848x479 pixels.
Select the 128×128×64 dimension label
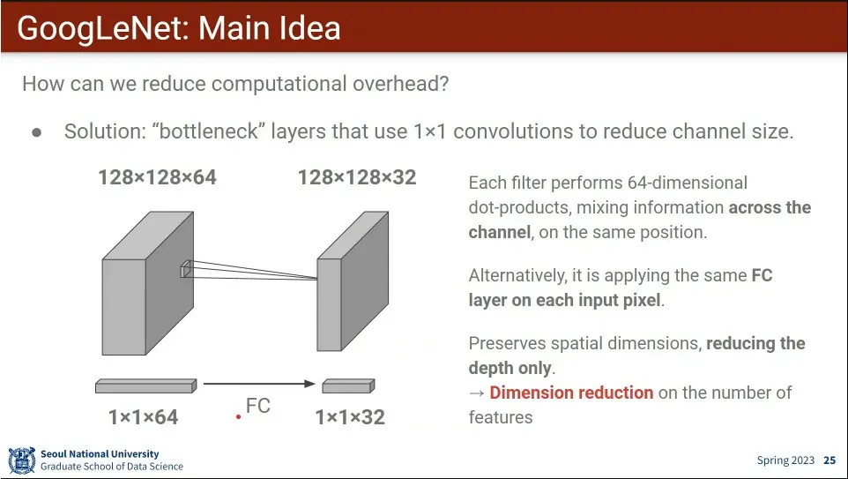[158, 177]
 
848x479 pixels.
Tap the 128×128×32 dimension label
[357, 177]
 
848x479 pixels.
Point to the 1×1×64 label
[144, 417]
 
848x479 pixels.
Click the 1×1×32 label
[350, 417]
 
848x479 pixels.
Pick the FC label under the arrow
[258, 406]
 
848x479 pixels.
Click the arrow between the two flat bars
[259, 384]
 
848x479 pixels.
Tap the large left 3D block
[147, 283]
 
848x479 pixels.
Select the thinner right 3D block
[353, 281]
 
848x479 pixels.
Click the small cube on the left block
[185, 269]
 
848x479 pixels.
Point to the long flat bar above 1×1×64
[146, 385]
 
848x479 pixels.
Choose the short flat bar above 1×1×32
[348, 385]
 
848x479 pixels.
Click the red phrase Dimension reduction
[571, 393]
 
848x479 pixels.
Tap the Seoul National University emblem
[22, 460]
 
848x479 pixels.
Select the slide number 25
[829, 460]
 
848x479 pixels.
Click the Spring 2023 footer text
[785, 460]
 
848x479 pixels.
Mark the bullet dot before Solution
[37, 132]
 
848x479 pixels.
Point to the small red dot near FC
[238, 416]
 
